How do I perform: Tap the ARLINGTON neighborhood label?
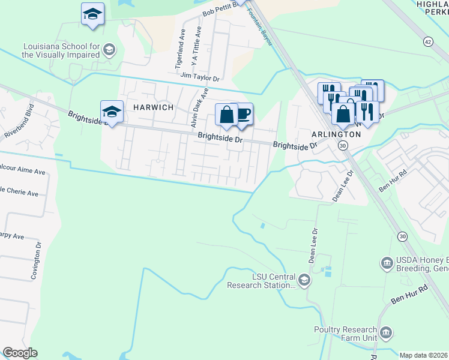(x=336, y=134)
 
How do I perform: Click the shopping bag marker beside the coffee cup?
(x=226, y=115)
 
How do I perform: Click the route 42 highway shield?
(x=427, y=41)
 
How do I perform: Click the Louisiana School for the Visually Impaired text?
(x=60, y=50)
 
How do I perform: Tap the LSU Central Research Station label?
(x=262, y=280)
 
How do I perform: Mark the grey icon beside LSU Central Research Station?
(x=304, y=280)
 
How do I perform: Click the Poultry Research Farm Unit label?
(x=346, y=334)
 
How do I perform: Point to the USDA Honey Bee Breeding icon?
(x=386, y=263)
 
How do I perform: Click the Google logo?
(x=20, y=353)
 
